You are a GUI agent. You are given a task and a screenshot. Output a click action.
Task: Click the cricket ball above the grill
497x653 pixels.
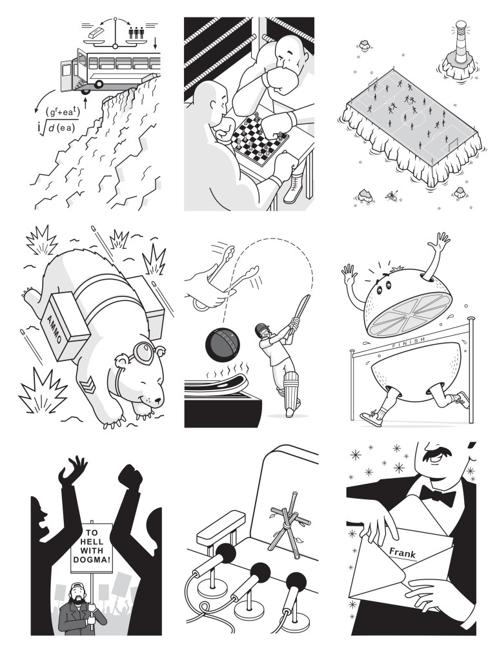point(221,347)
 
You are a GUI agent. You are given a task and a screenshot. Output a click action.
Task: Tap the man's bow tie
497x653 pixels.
point(438,495)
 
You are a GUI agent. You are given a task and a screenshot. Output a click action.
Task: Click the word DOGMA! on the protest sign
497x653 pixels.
point(92,560)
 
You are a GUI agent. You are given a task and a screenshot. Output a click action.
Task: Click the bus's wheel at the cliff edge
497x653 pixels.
point(98,84)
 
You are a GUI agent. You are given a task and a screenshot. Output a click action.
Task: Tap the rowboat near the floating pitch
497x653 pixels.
point(391,194)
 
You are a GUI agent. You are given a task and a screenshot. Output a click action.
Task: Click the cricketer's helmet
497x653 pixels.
point(261,329)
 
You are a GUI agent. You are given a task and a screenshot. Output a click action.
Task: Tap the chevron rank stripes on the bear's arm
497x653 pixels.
point(87,387)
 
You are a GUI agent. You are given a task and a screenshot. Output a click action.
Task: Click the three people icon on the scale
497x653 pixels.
point(136,32)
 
